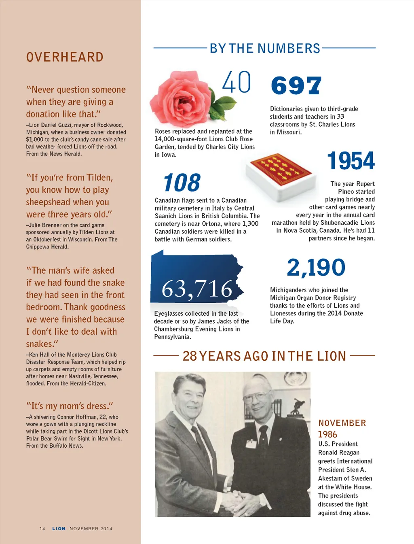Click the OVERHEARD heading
65,57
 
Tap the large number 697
296,86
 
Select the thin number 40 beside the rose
237,82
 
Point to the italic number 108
182,183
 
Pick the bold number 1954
351,161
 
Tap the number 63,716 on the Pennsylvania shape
197,289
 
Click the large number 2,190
316,268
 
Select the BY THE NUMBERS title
265,49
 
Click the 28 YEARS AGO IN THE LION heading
264,356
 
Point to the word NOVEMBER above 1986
342,423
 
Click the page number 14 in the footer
42,529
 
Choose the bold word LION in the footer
59,529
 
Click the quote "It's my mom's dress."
70,406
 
